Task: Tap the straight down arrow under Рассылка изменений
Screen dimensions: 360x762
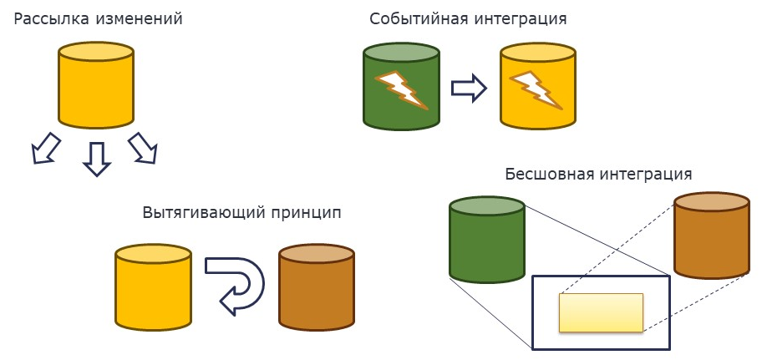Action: pos(97,159)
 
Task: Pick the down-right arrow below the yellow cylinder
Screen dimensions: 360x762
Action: pos(144,149)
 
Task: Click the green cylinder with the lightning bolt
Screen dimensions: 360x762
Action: pos(402,88)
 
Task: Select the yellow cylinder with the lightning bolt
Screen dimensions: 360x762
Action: pos(537,88)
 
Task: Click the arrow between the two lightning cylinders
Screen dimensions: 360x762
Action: pos(469,89)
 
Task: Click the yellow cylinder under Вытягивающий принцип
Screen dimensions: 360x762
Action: pos(153,288)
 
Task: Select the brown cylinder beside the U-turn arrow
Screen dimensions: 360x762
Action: pos(316,288)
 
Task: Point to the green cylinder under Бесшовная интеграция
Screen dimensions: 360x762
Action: pos(487,240)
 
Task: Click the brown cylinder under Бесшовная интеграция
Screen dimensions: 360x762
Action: pos(712,236)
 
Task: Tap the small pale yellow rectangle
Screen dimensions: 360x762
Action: pos(601,312)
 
